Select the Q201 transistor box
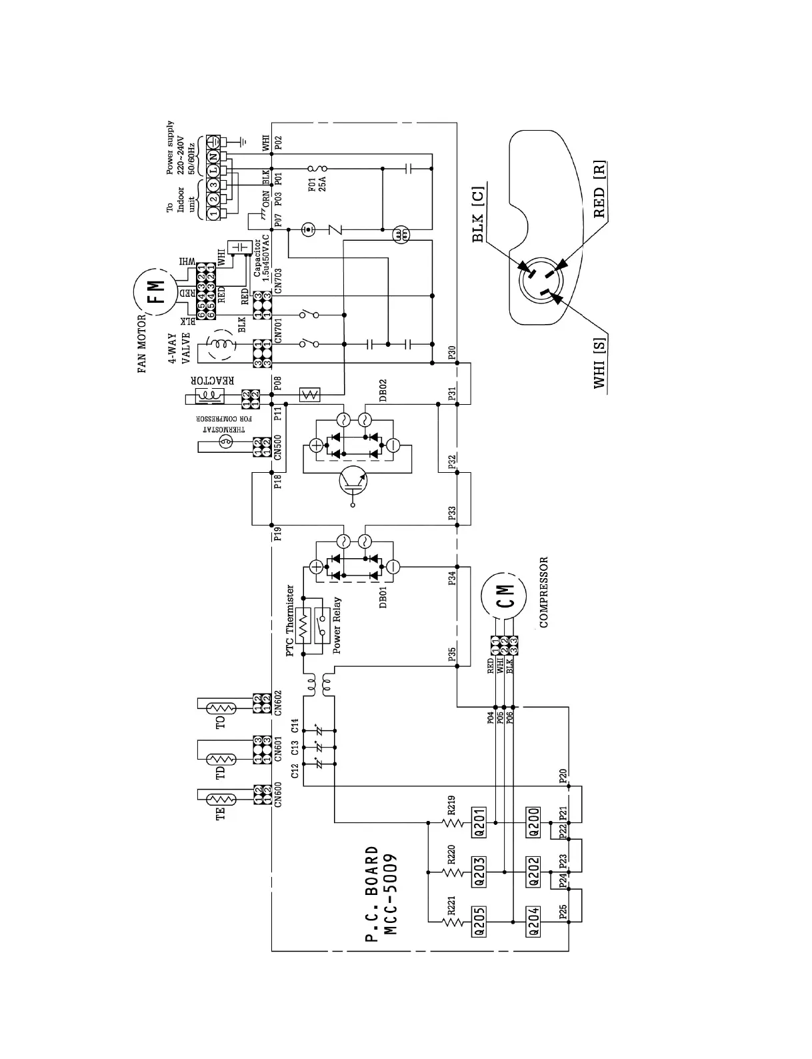[x=478, y=821]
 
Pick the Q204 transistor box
[x=533, y=922]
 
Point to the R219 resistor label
[x=451, y=805]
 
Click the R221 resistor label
[x=451, y=906]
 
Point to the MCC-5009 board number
[x=391, y=894]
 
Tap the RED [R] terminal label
[x=599, y=189]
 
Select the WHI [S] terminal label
[x=599, y=363]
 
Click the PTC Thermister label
[x=290, y=621]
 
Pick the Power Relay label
[x=337, y=626]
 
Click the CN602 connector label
[x=279, y=702]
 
